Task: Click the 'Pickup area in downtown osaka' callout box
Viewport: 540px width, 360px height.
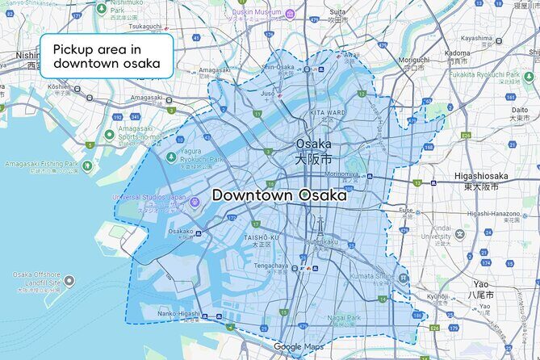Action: pos(107,56)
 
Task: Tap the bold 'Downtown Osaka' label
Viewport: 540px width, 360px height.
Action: pos(279,195)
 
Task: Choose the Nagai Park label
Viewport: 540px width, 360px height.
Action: pos(345,318)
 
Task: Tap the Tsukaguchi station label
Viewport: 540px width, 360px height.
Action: pos(146,26)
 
